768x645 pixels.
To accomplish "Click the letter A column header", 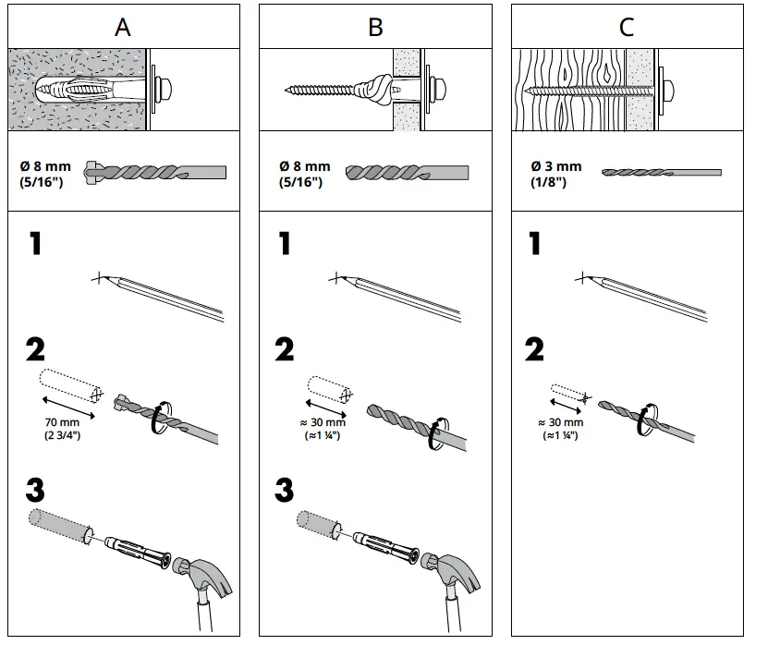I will tap(123, 27).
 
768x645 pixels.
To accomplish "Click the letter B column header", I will tap(375, 27).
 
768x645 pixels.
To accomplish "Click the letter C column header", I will tap(627, 27).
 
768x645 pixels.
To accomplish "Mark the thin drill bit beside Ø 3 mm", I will tap(661, 172).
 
